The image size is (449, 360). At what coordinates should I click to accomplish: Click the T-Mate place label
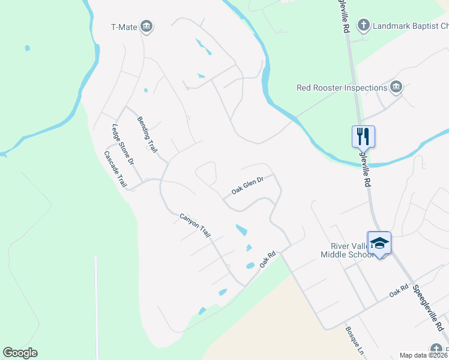(124, 26)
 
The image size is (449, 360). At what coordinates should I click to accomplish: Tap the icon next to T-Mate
(146, 26)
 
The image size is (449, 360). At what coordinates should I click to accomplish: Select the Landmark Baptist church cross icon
(363, 26)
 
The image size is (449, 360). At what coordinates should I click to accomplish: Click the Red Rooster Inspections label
(342, 88)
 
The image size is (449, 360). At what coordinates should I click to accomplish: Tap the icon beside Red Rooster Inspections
(396, 88)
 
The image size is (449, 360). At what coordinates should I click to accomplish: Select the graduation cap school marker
(379, 242)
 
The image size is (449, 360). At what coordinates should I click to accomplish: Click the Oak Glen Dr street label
(247, 185)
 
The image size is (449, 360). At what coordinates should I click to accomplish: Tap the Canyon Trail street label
(196, 224)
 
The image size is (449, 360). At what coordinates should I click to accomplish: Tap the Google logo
(20, 353)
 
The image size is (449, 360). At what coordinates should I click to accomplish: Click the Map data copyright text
(423, 355)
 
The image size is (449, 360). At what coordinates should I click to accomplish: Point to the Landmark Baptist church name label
(411, 26)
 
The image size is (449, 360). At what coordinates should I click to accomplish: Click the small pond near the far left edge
(27, 48)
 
